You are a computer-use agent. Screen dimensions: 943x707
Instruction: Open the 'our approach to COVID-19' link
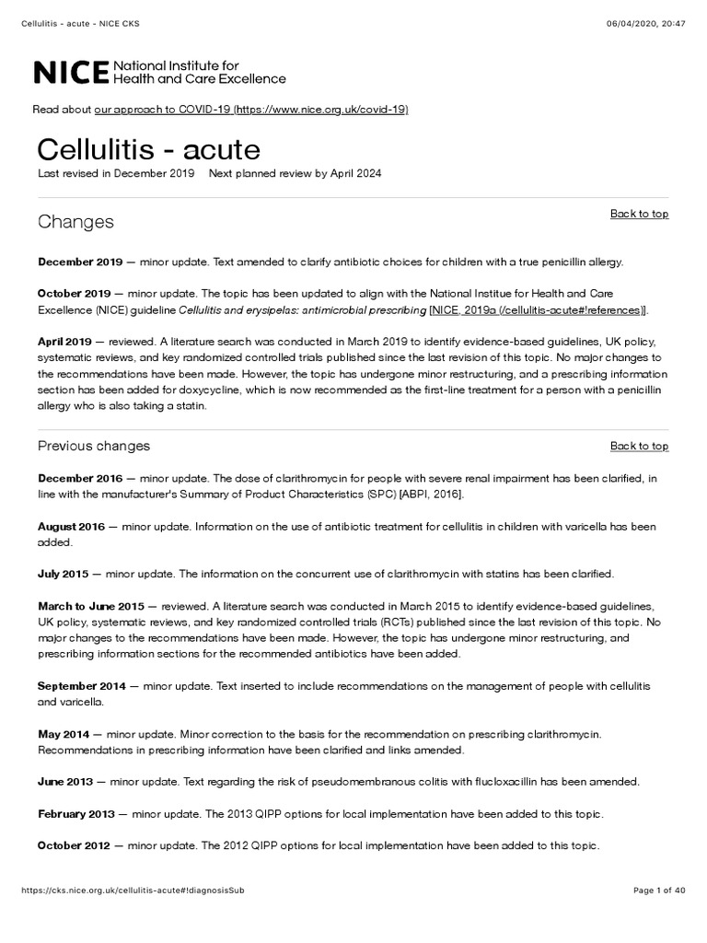click(x=250, y=110)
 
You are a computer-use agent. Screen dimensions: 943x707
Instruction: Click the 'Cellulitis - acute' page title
click(x=148, y=149)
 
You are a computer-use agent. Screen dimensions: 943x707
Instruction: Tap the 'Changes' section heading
click(x=75, y=222)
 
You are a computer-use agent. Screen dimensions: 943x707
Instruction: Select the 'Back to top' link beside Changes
click(x=639, y=214)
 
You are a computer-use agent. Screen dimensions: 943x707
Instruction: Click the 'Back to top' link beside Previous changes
click(x=639, y=446)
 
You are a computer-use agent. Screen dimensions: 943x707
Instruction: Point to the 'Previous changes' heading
click(x=93, y=447)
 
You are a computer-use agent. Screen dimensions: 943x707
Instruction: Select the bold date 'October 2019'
click(x=74, y=293)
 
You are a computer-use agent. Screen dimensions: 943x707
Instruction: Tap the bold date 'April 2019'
click(x=64, y=341)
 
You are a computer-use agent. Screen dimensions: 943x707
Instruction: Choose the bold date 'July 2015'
click(x=63, y=575)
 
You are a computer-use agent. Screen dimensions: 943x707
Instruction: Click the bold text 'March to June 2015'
click(x=90, y=607)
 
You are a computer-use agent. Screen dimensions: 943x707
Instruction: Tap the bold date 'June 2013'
click(x=65, y=782)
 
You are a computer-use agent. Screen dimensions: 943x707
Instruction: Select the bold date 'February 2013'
click(x=76, y=814)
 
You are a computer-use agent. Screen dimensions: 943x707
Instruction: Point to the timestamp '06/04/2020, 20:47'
click(x=649, y=10)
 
